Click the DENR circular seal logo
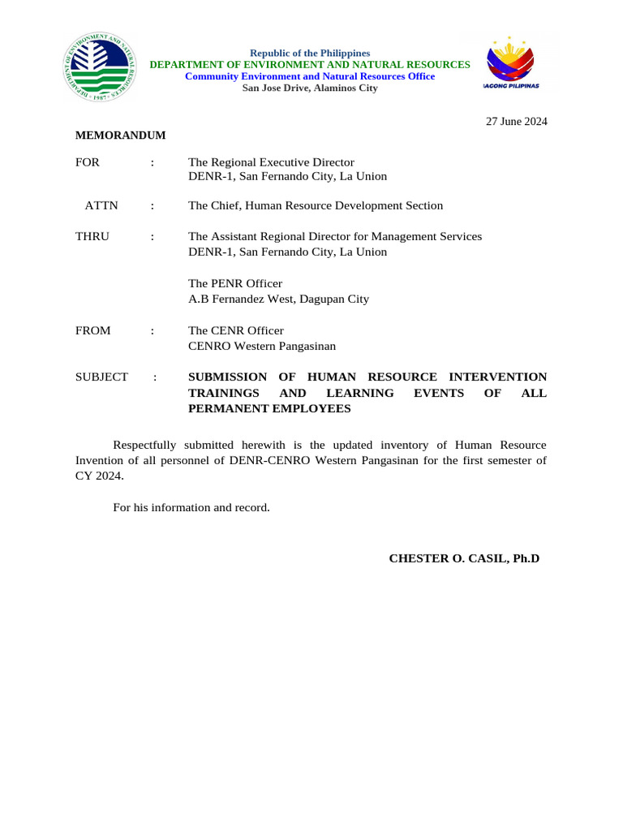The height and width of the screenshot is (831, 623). pos(96,69)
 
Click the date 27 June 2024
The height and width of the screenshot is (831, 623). pos(516,122)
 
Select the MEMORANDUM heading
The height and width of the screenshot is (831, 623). pos(121,136)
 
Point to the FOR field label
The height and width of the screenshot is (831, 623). pos(88,162)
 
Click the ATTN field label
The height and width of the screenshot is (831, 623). pos(101,206)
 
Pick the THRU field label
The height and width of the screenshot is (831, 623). pos(92,236)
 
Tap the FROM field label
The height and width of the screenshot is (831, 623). pos(93,331)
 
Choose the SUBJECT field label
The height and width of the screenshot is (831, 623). pos(101,377)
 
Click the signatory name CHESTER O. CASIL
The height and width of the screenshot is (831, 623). pos(464,558)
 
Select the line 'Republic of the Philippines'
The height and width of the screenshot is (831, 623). pos(310,53)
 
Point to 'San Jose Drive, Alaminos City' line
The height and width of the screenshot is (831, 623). pos(310,88)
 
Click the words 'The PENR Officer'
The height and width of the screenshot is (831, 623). pos(235,283)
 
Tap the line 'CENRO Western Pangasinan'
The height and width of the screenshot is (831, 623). pos(262,346)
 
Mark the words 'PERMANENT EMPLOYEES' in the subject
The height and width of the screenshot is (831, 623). pos(269,408)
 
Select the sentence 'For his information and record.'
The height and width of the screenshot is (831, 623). pos(191,507)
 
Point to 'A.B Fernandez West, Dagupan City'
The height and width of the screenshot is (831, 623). pos(278,299)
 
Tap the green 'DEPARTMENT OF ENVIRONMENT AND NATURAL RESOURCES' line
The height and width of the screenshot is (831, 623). pos(310,64)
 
